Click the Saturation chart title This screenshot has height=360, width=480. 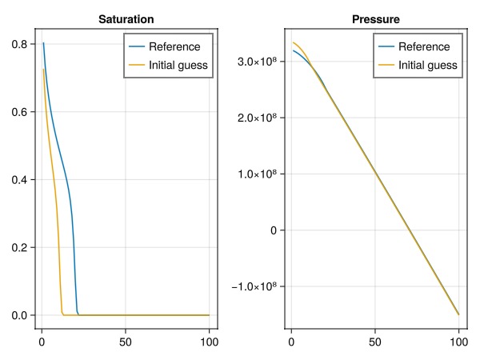[126, 18]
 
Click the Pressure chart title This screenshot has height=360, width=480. [375, 18]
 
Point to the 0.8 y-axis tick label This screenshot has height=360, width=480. [19, 45]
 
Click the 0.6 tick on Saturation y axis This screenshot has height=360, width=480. [19, 112]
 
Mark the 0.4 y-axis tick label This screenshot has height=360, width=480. [19, 180]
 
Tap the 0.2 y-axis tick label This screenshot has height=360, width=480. [19, 248]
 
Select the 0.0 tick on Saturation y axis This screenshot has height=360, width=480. [19, 315]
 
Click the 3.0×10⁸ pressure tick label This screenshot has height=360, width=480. [257, 62]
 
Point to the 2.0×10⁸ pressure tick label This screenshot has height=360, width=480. [257, 118]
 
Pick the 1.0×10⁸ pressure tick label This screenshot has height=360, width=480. [257, 174]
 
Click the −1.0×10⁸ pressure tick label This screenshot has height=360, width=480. [254, 286]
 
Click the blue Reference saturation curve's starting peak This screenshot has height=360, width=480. [43, 43]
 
